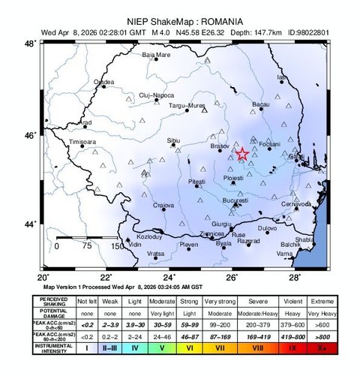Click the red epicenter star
point(242,154)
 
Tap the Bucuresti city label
point(235,200)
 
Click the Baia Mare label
point(156,55)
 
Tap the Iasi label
point(282,77)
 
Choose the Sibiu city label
point(173,140)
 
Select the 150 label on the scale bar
point(117,245)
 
